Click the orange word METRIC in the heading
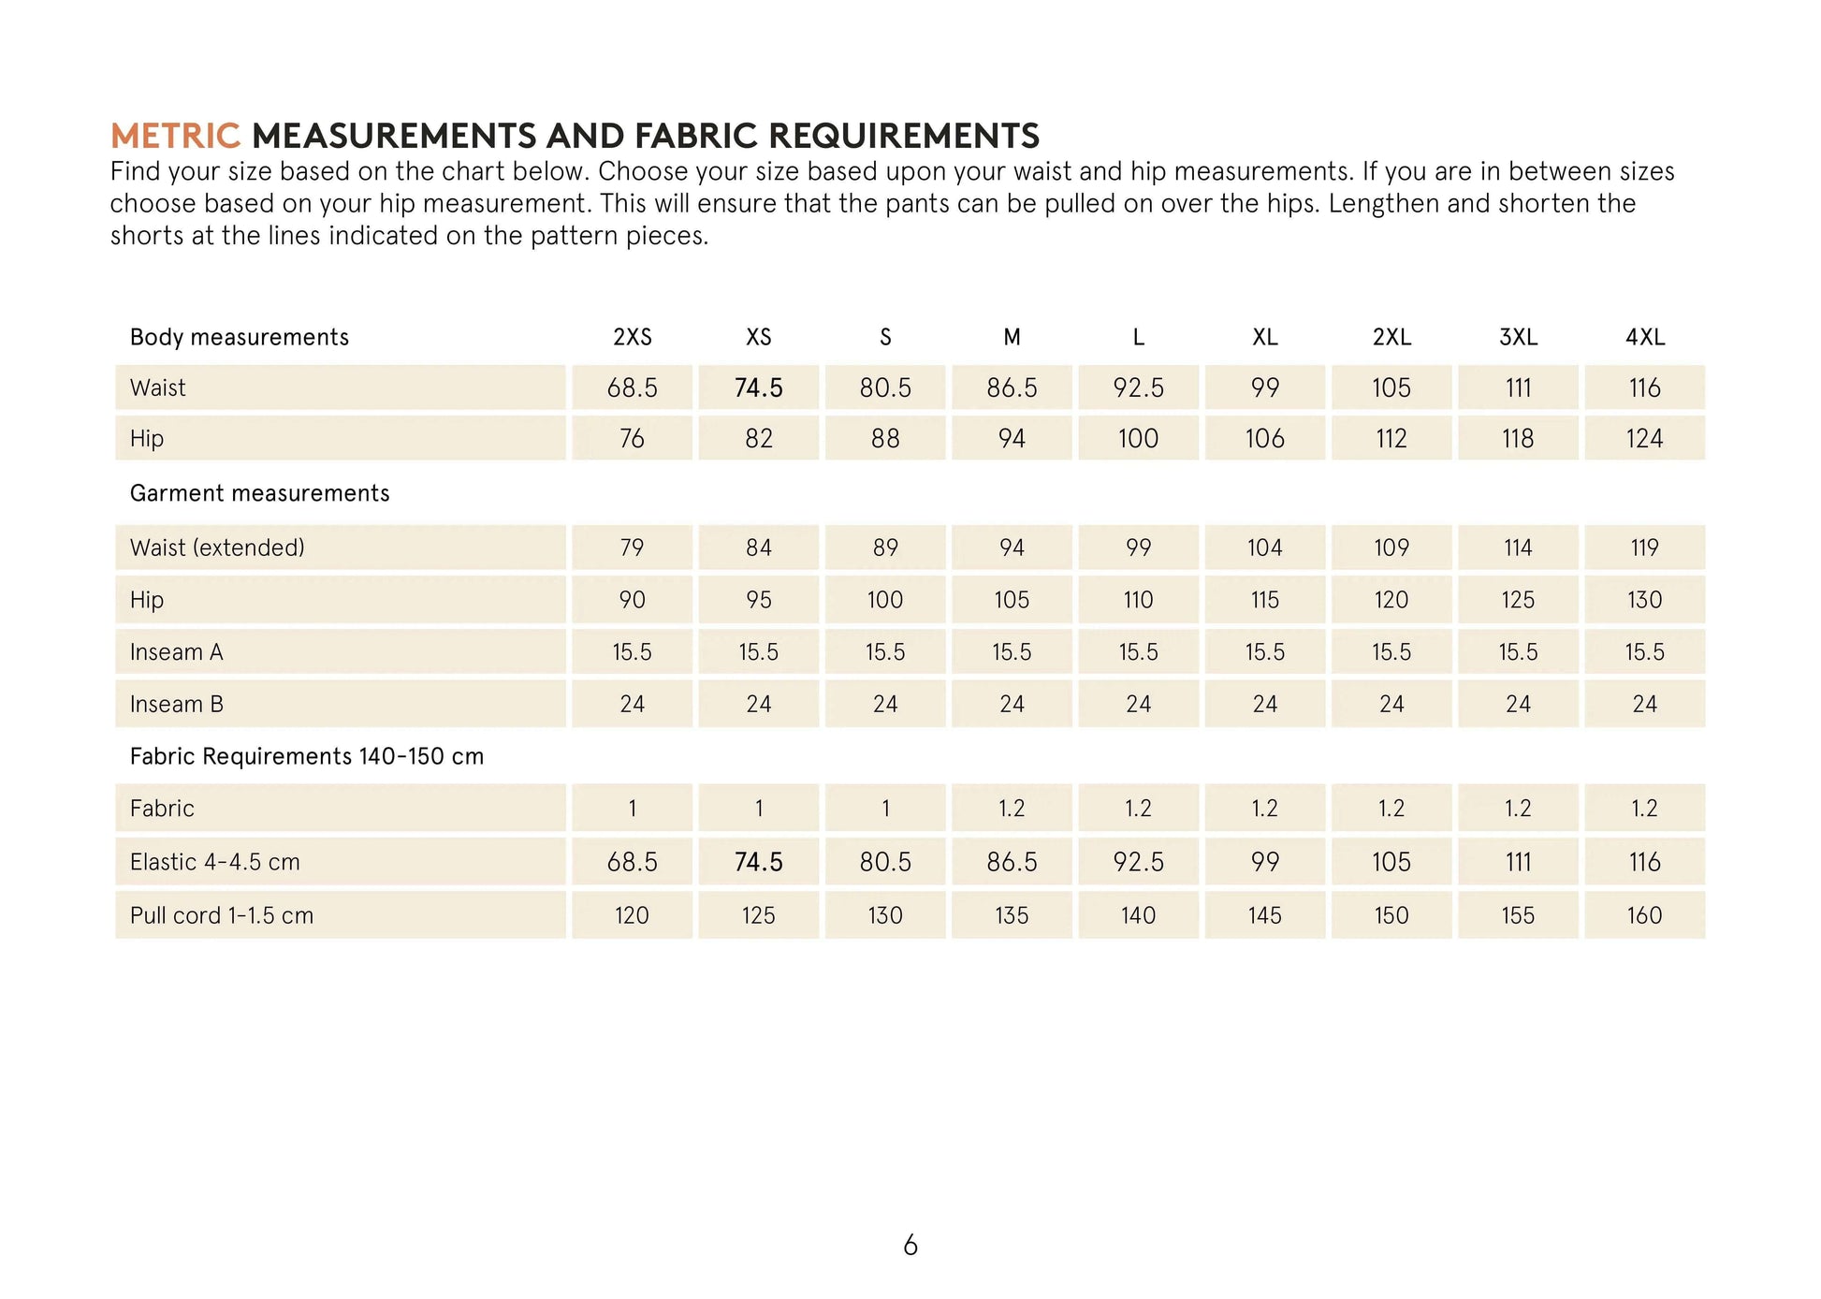176,137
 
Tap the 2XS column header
633,338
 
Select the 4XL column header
1645,338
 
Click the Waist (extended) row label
217,548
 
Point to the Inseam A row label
176,652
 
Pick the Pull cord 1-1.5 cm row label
222,916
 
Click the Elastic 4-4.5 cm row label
215,863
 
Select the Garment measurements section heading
259,494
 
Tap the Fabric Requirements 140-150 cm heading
307,757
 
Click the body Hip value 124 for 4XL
1644,439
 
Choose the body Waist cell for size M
1012,388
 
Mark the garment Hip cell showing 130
1644,600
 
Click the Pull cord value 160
1644,916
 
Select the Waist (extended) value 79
633,548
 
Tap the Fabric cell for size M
1012,809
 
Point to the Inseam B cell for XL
1265,705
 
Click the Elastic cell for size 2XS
633,863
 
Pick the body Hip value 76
633,439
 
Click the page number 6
910,1246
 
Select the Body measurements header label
239,338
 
